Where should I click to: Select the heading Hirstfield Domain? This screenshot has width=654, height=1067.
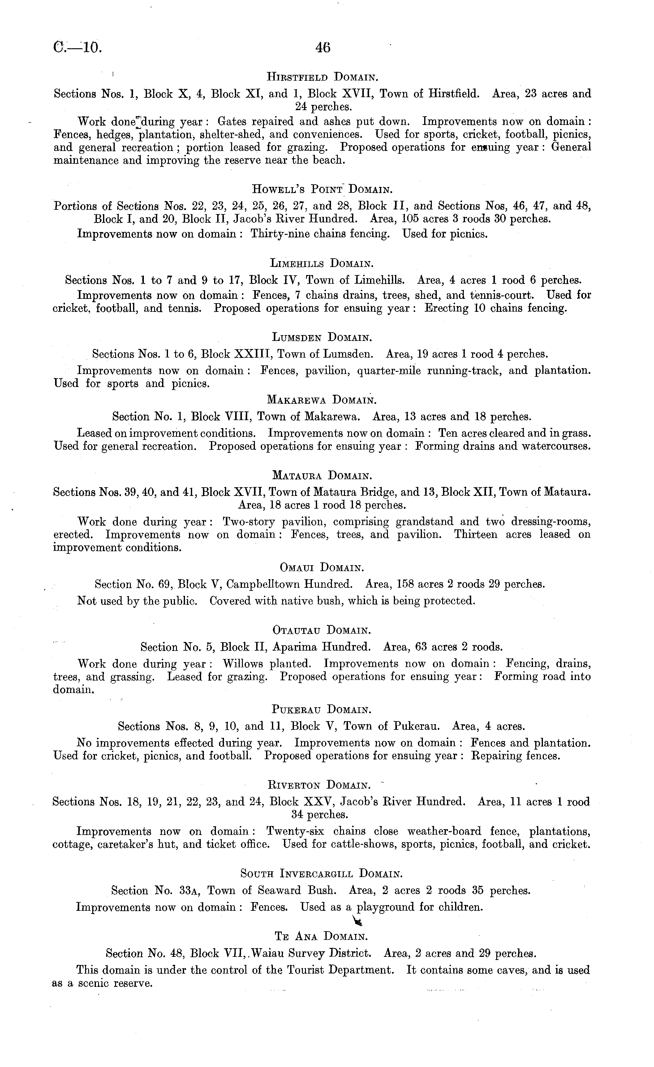point(323,78)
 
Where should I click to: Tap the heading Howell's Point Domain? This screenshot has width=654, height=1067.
point(322,189)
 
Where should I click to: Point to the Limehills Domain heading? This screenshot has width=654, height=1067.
point(321,263)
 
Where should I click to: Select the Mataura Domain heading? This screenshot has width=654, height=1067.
point(322,475)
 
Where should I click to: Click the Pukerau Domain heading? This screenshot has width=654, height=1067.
point(321,709)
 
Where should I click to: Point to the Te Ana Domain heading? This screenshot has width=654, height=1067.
point(321,937)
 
